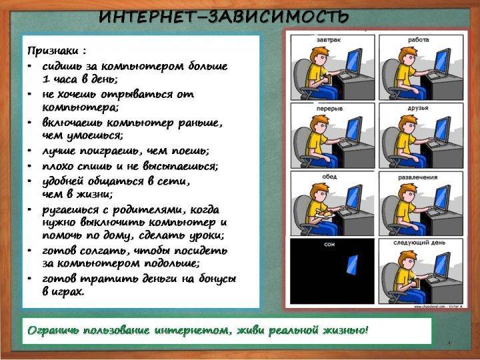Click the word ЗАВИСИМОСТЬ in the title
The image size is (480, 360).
point(278,17)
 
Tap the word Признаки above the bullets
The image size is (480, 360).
point(53,51)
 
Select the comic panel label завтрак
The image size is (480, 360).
point(329,40)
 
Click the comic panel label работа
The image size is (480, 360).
point(419,39)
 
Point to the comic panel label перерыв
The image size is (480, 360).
point(329,109)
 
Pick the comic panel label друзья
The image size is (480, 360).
point(418,108)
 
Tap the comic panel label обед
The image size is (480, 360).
point(329,177)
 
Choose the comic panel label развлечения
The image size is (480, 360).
point(418,177)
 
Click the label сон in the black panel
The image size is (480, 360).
point(329,244)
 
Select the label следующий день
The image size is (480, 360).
point(419,243)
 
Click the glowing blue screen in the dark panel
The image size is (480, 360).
point(353,265)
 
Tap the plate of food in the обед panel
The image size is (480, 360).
point(325,213)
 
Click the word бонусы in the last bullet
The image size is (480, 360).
point(217,279)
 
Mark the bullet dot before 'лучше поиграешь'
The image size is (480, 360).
point(29,151)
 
